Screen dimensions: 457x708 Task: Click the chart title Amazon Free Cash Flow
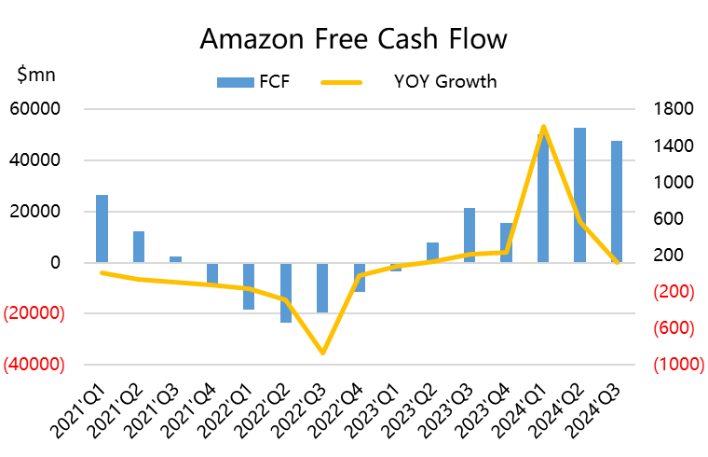pos(354,39)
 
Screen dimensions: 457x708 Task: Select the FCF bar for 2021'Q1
pos(102,228)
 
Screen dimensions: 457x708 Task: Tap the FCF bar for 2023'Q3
pos(470,235)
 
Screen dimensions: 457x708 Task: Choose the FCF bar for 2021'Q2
pos(139,246)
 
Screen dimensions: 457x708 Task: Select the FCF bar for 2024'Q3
pos(616,201)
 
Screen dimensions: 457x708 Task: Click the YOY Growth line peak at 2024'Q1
pos(543,127)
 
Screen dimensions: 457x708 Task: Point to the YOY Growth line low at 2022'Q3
pos(322,353)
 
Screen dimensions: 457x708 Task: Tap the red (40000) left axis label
pos(34,365)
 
